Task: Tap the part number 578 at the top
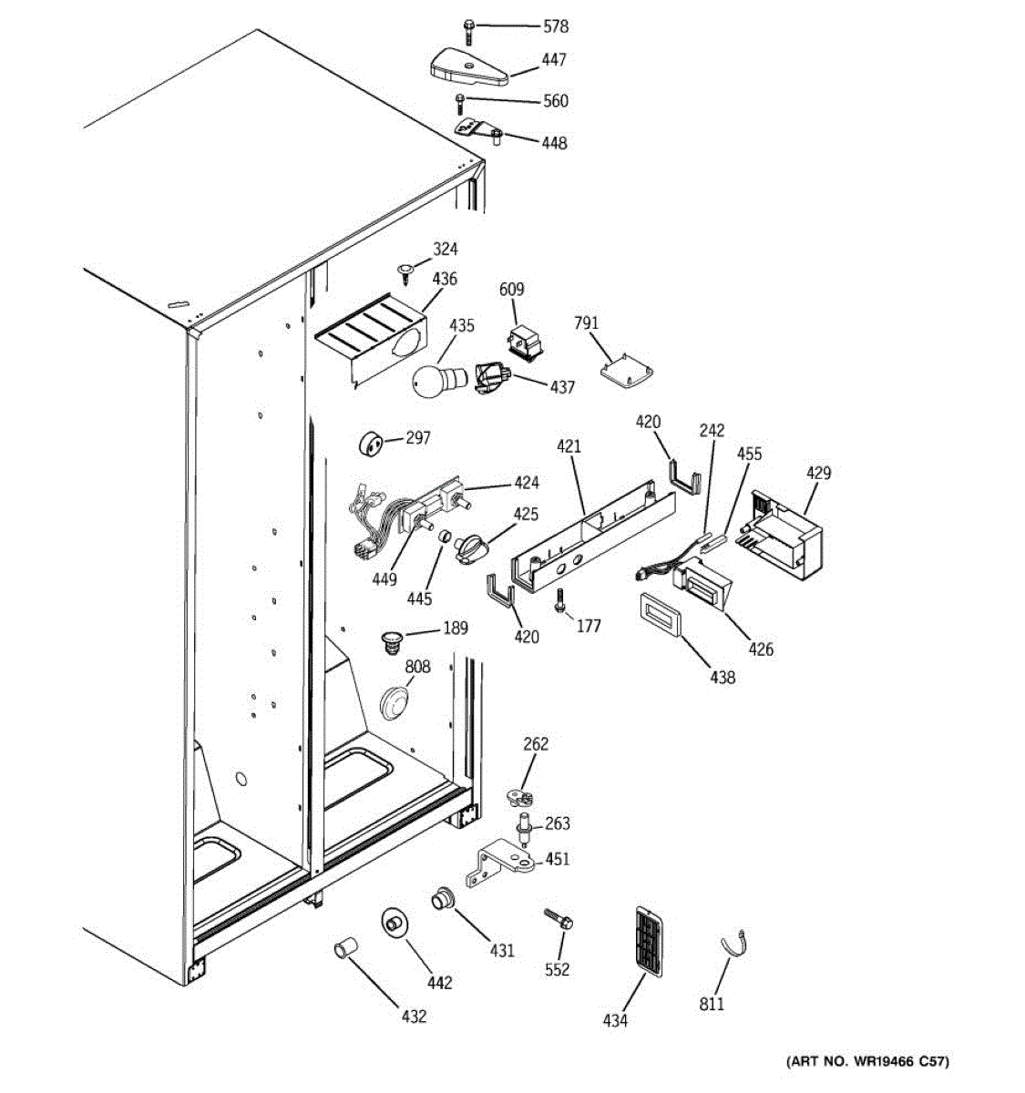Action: [x=555, y=27]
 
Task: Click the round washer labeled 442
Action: [x=394, y=922]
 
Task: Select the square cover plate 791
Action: [x=627, y=369]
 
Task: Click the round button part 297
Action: [x=371, y=445]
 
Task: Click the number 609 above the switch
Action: [x=512, y=290]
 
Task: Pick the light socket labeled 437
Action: [x=492, y=376]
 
